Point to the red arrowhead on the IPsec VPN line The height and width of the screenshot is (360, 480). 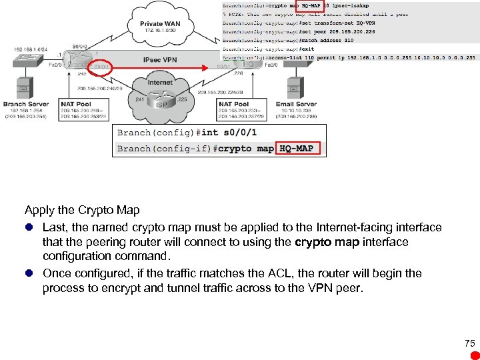pos(215,67)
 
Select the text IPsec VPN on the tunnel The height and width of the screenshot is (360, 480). pos(160,60)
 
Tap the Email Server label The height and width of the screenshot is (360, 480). pos(296,104)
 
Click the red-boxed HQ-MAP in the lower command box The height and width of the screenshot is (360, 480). pos(299,148)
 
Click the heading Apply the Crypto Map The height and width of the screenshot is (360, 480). pos(82,210)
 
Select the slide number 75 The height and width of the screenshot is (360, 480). pos(469,343)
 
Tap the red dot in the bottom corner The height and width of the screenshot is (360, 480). pos(474,355)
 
